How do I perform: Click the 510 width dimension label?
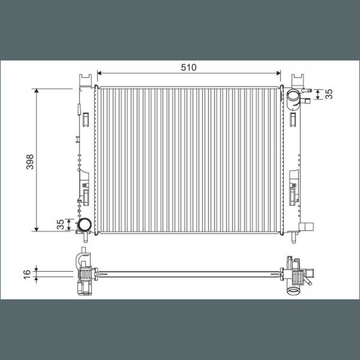[189, 67]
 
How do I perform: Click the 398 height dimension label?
[30, 162]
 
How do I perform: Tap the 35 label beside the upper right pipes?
[329, 94]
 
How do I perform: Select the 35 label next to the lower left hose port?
[61, 224]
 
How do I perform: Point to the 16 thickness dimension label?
[27, 274]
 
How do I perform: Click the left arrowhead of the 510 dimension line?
[99, 73]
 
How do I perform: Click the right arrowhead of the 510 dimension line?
[278, 73]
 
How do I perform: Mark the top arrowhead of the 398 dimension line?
[36, 91]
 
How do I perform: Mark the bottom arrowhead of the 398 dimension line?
[36, 229]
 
